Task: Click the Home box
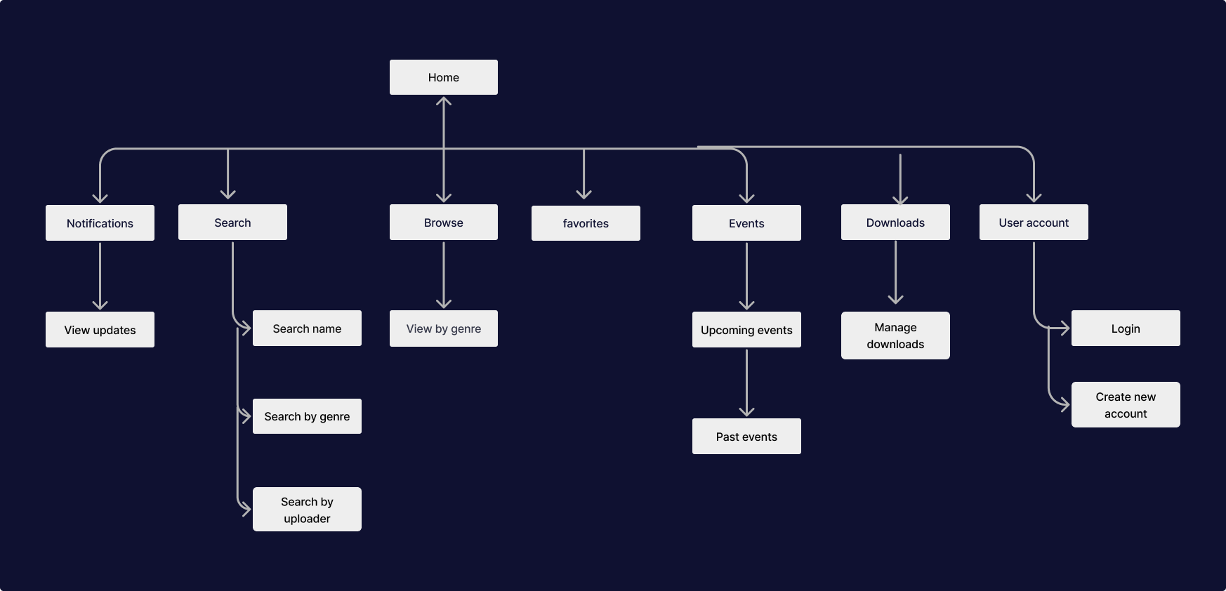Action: coord(444,77)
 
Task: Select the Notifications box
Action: coord(100,223)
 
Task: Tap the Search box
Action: coord(232,223)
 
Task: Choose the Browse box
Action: coord(444,223)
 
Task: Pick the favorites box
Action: coord(586,223)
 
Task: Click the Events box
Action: coord(746,223)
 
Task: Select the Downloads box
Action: coord(895,223)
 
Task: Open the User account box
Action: coord(1034,223)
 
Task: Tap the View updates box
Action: coord(100,330)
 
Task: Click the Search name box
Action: coord(307,328)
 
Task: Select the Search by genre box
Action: coord(307,416)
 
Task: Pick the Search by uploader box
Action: coord(307,510)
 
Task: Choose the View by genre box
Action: coord(444,328)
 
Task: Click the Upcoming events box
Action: coord(746,330)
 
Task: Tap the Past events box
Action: coord(746,437)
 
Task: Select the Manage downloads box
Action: coord(895,336)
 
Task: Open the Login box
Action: coord(1126,328)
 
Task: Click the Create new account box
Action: coord(1126,405)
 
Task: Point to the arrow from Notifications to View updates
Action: coord(100,275)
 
